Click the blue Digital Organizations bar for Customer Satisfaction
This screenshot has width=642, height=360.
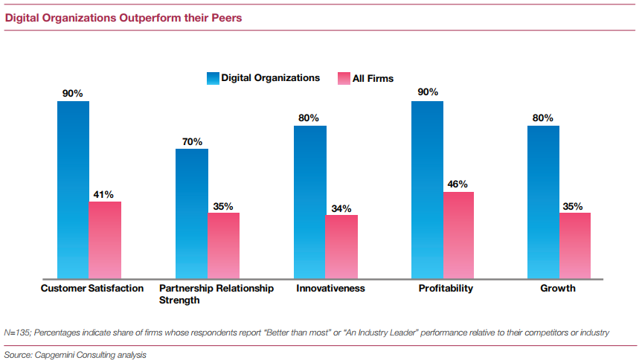[x=73, y=190]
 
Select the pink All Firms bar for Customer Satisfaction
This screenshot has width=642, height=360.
[x=105, y=240]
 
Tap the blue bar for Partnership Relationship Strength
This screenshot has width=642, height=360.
[x=191, y=213]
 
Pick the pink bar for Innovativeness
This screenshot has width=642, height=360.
[x=341, y=246]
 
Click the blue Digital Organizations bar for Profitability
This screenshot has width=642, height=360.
[x=427, y=190]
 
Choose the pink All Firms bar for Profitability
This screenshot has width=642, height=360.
[x=459, y=235]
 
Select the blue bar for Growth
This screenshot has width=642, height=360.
[x=543, y=202]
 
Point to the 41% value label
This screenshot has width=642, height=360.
[x=103, y=195]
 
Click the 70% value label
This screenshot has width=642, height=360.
[x=191, y=141]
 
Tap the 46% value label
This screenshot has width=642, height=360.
[x=458, y=184]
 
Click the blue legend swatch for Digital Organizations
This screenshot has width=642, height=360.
[x=213, y=78]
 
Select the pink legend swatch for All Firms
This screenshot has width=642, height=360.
[x=344, y=78]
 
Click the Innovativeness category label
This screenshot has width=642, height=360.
[x=330, y=289]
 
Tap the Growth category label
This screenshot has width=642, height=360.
[x=558, y=289]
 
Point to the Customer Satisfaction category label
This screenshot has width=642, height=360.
[x=92, y=289]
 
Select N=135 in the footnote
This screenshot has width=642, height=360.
[x=16, y=332]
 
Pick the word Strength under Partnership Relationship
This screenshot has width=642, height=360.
[x=179, y=300]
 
